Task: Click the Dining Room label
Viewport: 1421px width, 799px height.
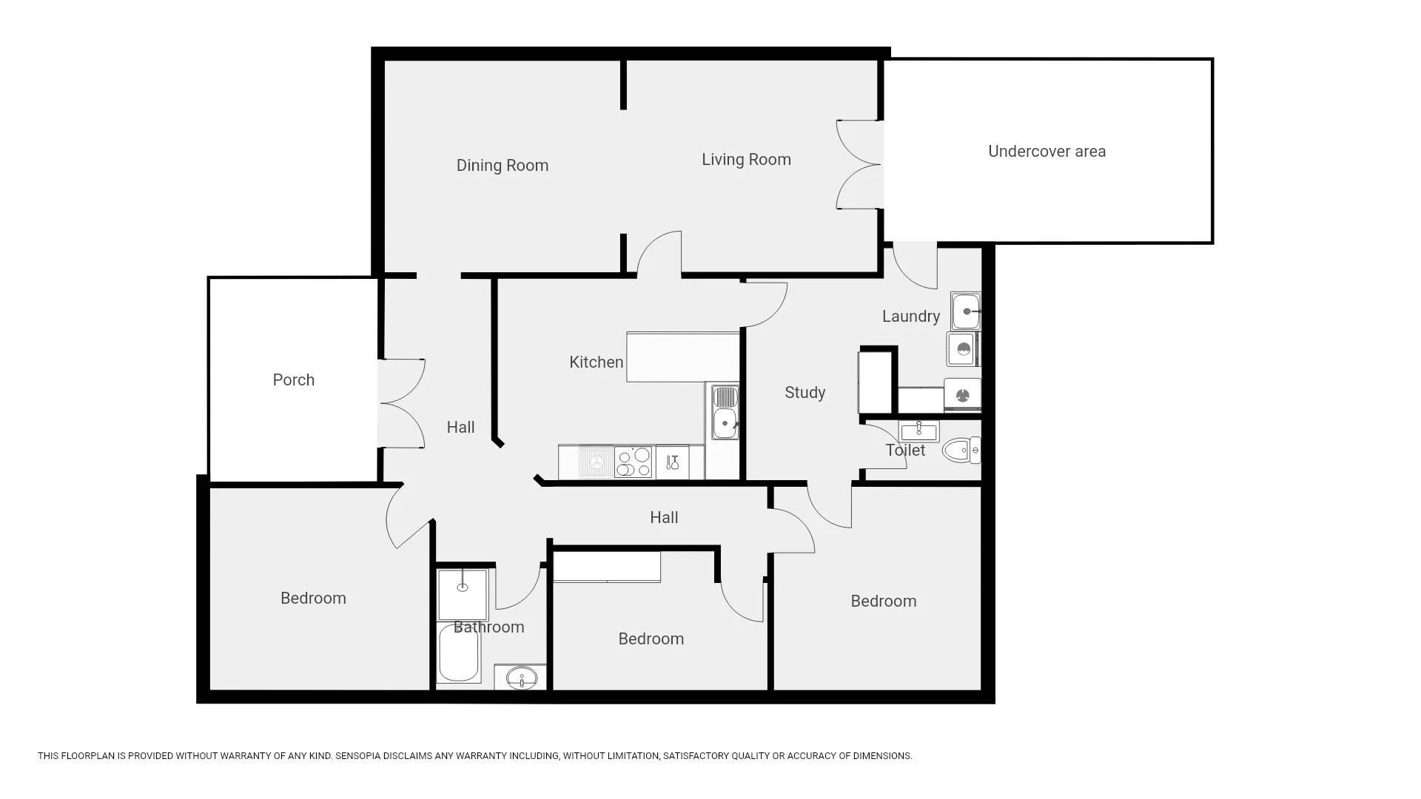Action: pyautogui.click(x=503, y=166)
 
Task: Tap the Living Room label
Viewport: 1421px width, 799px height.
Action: pyautogui.click(x=746, y=160)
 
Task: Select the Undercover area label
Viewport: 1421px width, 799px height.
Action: pyautogui.click(x=1047, y=152)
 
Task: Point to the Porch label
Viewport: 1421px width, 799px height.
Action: pyautogui.click(x=294, y=380)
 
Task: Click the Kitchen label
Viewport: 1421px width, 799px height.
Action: pyautogui.click(x=597, y=363)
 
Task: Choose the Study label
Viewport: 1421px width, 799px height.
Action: pyautogui.click(x=805, y=393)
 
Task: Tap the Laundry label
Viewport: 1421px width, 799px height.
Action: pyautogui.click(x=911, y=317)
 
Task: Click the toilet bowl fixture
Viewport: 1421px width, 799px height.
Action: pyautogui.click(x=961, y=450)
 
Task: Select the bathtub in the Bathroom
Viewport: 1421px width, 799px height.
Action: pyautogui.click(x=459, y=652)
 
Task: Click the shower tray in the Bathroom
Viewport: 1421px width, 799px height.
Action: pyautogui.click(x=463, y=595)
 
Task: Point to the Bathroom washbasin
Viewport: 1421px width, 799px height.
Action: pyautogui.click(x=521, y=677)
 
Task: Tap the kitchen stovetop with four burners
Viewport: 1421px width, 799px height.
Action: pyautogui.click(x=634, y=462)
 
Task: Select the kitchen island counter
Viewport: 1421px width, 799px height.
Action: pyautogui.click(x=683, y=357)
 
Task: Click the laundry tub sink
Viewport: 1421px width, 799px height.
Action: pyautogui.click(x=966, y=311)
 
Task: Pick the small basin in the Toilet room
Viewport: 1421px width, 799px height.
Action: pyautogui.click(x=918, y=431)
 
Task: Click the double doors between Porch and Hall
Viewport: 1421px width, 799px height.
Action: pyautogui.click(x=401, y=403)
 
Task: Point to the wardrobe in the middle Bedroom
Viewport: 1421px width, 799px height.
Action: pyautogui.click(x=607, y=567)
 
